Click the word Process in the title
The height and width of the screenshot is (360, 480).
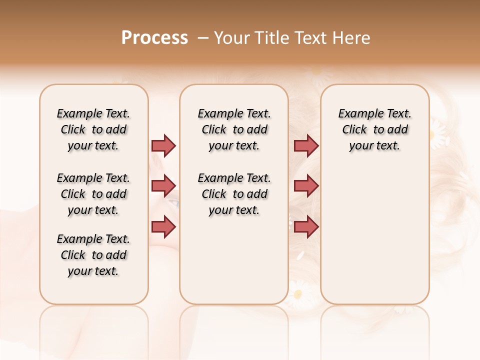(x=154, y=38)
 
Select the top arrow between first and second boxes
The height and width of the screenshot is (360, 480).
(x=163, y=145)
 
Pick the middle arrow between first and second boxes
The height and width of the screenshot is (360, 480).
(x=163, y=186)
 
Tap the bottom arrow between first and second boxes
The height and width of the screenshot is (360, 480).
(x=163, y=226)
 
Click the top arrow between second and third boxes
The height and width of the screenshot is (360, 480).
(x=306, y=145)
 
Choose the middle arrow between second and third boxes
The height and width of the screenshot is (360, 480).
(x=306, y=186)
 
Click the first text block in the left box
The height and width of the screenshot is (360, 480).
(x=93, y=129)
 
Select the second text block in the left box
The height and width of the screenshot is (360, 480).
(x=93, y=194)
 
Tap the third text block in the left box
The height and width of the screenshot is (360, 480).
(x=93, y=255)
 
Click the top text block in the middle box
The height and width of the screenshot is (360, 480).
(x=234, y=129)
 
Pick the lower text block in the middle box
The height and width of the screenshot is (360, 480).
(x=234, y=194)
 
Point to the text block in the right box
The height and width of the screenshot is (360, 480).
(x=374, y=129)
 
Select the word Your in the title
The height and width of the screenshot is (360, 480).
(x=231, y=38)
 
